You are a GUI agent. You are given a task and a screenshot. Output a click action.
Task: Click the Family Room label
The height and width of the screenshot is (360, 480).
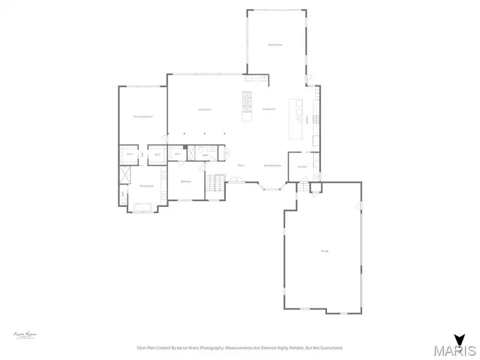coord(275,46)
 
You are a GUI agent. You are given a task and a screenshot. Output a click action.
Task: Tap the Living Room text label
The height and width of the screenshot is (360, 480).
coord(203,109)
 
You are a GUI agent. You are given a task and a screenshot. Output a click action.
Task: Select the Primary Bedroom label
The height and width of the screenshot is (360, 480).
coord(142,117)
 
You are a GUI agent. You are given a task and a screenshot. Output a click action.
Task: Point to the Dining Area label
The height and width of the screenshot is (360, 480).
coord(268,109)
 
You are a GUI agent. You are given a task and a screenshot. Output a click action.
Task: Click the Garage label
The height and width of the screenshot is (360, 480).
coord(325,250)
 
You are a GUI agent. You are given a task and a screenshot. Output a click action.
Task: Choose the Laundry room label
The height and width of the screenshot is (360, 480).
coord(302,166)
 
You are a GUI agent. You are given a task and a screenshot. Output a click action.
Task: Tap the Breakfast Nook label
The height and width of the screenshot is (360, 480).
coord(272,165)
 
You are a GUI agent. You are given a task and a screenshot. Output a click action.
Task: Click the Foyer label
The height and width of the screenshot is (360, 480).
coord(241,165)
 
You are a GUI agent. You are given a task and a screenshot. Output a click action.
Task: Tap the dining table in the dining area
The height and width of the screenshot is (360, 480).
coord(247,105)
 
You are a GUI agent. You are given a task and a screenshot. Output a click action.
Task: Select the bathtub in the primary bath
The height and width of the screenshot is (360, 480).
coord(141,207)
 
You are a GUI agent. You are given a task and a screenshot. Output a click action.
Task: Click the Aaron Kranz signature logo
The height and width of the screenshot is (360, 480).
coord(25,335)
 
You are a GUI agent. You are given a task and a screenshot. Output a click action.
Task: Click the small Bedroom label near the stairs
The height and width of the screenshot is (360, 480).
coord(187,181)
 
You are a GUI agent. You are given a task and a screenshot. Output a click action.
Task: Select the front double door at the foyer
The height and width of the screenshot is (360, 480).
coord(235,178)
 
